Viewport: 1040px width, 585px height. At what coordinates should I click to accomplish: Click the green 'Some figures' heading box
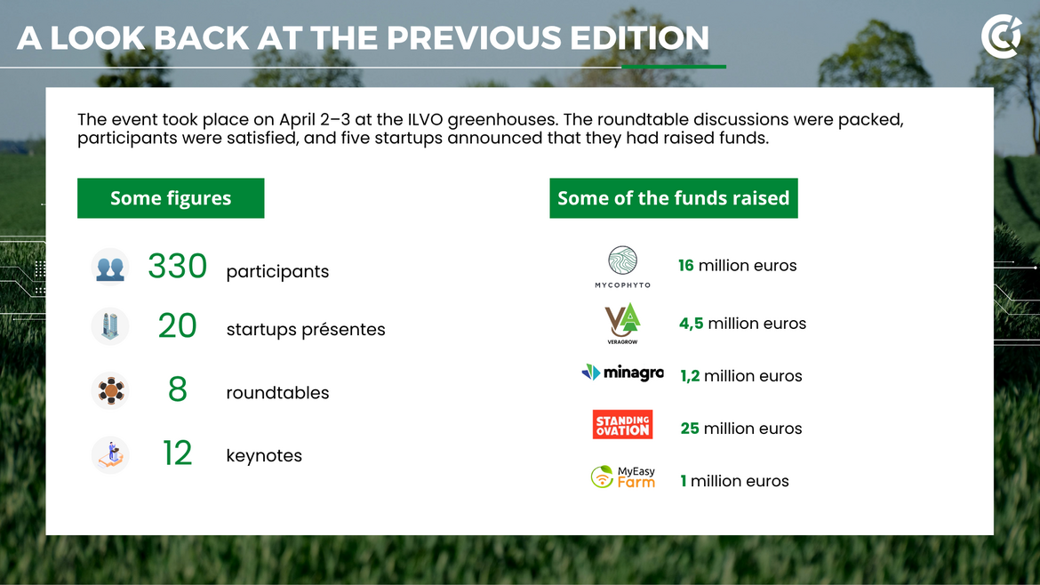click(171, 197)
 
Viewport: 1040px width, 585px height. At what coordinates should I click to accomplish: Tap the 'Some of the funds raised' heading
click(673, 197)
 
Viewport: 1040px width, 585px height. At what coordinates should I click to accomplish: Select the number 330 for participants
click(177, 266)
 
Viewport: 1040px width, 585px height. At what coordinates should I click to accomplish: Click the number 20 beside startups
click(177, 325)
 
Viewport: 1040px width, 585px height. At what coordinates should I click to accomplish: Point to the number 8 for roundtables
click(177, 389)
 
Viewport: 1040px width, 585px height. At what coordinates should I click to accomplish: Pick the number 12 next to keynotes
click(177, 453)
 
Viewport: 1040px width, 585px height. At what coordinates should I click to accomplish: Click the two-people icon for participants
click(110, 268)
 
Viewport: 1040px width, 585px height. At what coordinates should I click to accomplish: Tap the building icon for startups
click(110, 325)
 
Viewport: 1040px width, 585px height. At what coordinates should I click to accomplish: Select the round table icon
click(110, 390)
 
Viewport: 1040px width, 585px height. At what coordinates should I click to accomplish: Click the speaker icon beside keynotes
click(110, 454)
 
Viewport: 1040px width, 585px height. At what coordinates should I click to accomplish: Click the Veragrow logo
click(622, 323)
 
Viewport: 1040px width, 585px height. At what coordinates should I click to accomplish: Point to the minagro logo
click(622, 373)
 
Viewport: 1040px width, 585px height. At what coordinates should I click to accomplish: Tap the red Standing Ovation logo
click(623, 424)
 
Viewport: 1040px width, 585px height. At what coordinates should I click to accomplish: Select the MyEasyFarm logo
click(623, 477)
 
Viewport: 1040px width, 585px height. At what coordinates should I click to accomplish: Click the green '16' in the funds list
click(686, 265)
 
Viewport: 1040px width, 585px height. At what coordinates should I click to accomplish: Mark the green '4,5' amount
click(692, 324)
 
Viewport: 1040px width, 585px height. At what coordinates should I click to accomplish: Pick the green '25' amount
click(690, 429)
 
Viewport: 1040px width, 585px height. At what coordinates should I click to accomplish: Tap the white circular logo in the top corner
click(1001, 36)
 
